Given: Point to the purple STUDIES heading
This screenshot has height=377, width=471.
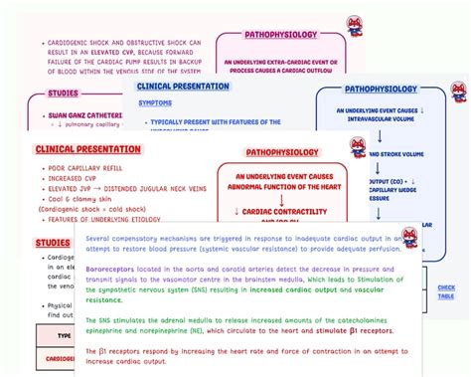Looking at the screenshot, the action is (63, 94).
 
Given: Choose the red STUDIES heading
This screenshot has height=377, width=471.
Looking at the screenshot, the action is (53, 242).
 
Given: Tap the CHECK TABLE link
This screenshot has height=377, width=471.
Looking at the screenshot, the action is (446, 291).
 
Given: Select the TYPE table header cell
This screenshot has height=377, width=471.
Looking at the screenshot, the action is (66, 336).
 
